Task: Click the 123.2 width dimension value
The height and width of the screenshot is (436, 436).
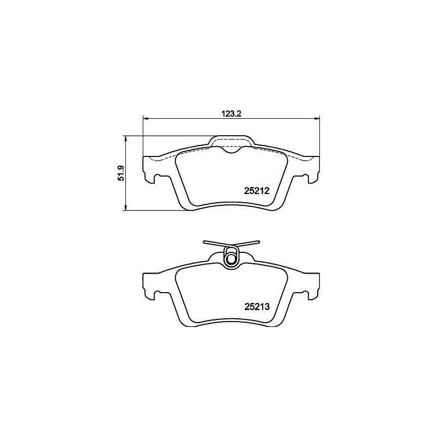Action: pos(232,113)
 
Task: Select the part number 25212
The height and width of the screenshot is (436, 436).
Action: pos(257,191)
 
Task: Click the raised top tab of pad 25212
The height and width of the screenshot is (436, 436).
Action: pos(231,140)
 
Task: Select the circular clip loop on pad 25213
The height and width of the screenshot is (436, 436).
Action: pos(232,256)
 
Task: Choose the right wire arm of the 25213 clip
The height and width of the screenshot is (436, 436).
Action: pos(249,243)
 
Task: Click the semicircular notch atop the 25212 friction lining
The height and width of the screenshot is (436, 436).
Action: pos(231,151)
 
